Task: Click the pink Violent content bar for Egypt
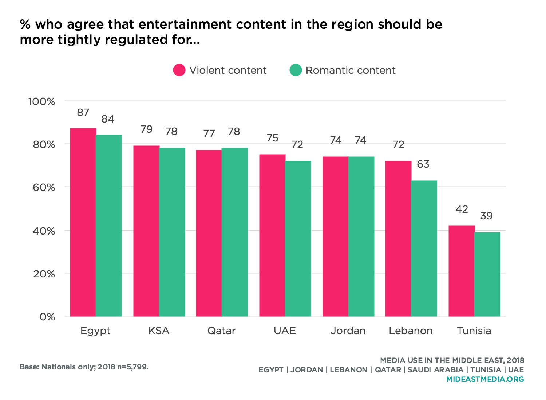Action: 83,222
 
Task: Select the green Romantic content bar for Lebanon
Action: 424,248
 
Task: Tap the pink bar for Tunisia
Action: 461,271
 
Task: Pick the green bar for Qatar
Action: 234,232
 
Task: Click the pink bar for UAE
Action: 272,235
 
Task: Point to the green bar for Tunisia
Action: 487,274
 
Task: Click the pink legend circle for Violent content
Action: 179,70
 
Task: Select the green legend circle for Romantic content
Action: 296,70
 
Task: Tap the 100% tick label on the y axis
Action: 42,101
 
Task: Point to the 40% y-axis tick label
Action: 44,231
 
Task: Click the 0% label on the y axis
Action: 47,317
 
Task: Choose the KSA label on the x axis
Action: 159,331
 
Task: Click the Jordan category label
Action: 348,331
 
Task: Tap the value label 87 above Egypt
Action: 83,113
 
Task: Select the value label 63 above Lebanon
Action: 423,164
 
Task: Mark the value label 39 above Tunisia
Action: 486,216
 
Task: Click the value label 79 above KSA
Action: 146,129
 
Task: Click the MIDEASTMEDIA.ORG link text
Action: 485,379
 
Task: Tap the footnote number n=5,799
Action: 131,367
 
